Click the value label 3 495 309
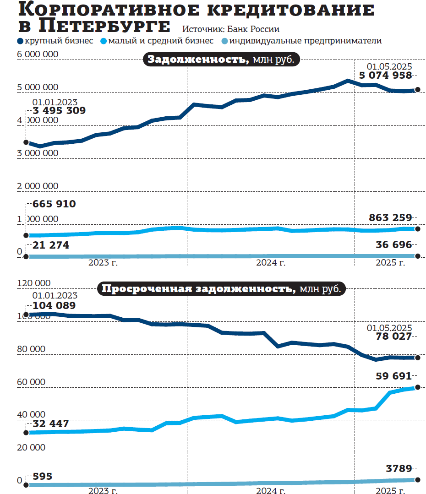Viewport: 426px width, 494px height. tap(59, 111)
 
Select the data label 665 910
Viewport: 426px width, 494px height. tap(54, 204)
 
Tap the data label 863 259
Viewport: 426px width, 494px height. tap(390, 218)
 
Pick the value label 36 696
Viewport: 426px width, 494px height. tap(393, 245)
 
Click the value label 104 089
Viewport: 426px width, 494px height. tap(54, 305)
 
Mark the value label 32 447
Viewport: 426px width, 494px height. tap(50, 424)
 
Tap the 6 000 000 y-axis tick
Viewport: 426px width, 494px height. tap(38, 54)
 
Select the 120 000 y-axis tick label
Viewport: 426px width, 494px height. tap(34, 283)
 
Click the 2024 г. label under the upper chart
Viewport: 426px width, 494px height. tap(270, 263)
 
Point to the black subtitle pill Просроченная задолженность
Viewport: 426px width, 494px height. tap(222, 289)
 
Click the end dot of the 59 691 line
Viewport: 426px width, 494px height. tap(418, 388)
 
